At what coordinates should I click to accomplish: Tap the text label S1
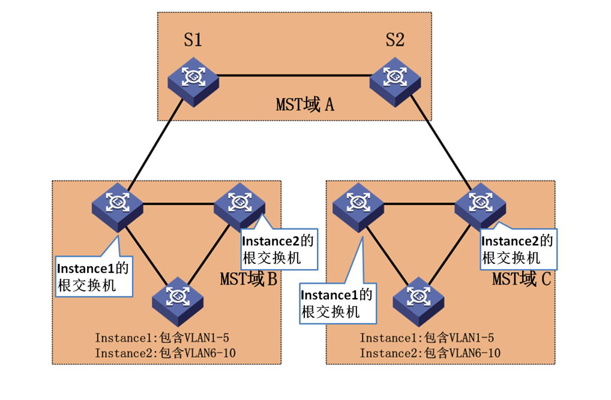click(193, 40)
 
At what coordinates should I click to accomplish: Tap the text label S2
click(394, 40)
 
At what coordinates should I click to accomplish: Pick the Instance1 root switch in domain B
click(118, 206)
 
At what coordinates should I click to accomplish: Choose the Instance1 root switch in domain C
click(358, 206)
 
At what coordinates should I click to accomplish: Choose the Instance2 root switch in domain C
click(480, 206)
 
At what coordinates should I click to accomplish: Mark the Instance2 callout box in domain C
click(519, 249)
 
